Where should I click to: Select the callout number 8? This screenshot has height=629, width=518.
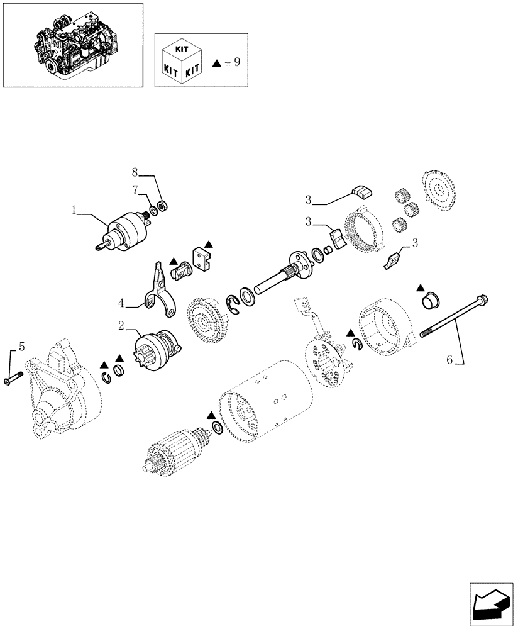coord(134,172)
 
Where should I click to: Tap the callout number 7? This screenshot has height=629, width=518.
coord(134,189)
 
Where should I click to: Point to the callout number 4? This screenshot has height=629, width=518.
coord(121,304)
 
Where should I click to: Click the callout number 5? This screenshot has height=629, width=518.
coord(21,347)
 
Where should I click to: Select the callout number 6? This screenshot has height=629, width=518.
coord(449,360)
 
